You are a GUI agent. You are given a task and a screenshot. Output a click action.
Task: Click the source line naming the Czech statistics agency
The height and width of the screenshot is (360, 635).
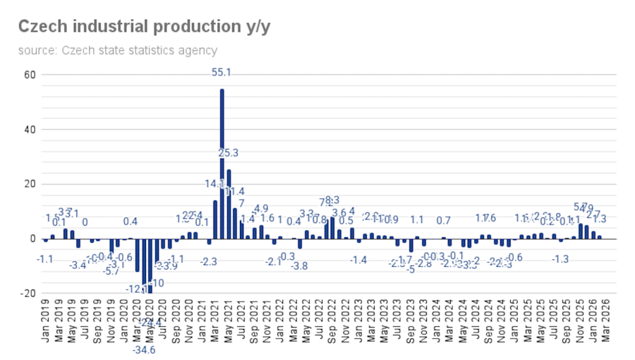point(118,50)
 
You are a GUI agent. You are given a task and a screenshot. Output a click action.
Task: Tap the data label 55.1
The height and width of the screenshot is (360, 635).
point(222,72)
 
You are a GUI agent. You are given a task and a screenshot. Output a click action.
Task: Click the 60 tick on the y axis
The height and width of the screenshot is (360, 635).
point(30,75)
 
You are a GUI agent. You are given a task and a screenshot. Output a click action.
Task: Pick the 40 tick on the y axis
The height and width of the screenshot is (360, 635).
point(30,130)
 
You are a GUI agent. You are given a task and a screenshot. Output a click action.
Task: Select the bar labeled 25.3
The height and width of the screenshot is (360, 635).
point(229,204)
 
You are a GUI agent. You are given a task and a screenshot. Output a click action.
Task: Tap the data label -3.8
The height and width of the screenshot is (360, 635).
point(300,266)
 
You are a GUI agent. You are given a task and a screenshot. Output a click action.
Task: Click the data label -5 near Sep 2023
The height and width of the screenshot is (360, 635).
point(411,269)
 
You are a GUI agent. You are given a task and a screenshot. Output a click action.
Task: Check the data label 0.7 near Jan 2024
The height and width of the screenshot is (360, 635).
point(443,220)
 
